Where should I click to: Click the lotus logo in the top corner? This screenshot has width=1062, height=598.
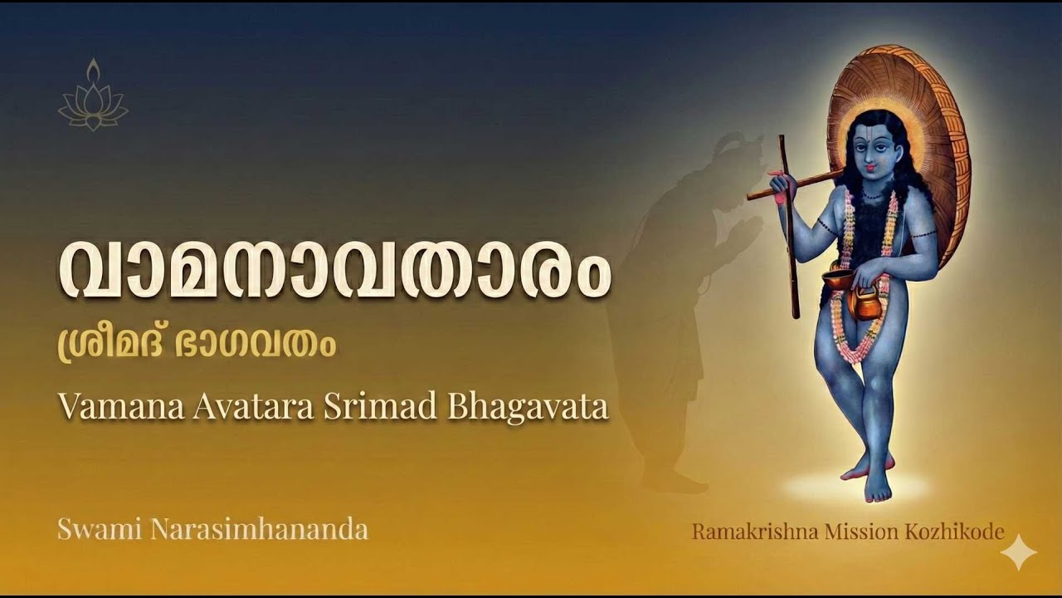click(93, 96)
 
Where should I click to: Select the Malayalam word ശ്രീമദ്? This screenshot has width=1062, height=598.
click(107, 345)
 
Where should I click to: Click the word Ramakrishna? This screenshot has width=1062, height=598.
click(755, 532)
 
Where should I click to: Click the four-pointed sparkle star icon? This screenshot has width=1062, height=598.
click(1018, 552)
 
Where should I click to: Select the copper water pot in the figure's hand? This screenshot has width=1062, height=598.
click(865, 303)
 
